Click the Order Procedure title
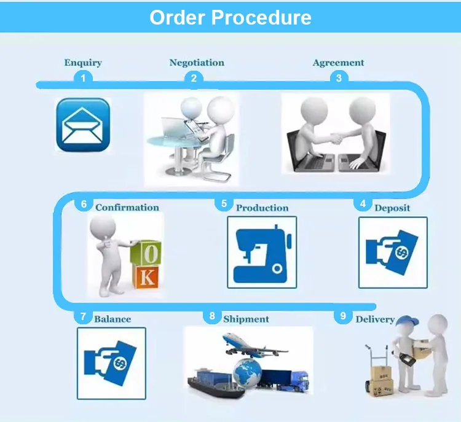230,17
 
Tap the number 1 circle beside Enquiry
83,77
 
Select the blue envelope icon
83,125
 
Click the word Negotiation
197,63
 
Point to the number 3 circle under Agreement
338,77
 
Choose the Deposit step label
392,208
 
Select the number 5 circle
224,203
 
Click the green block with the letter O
150,253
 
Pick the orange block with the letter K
146,278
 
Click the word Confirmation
127,208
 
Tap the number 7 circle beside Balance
83,317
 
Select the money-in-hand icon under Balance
111,362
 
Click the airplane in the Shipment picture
249,344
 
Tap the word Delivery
375,319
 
